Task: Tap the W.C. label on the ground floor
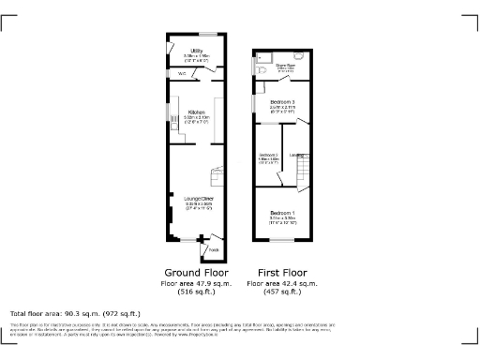[x=181, y=73]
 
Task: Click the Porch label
[x=213, y=249]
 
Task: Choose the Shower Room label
[x=285, y=65]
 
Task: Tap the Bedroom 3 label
[x=282, y=100]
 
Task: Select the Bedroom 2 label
[x=269, y=155]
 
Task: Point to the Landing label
[x=298, y=155]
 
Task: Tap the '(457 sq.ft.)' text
[x=282, y=292]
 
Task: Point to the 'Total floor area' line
[x=75, y=313]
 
